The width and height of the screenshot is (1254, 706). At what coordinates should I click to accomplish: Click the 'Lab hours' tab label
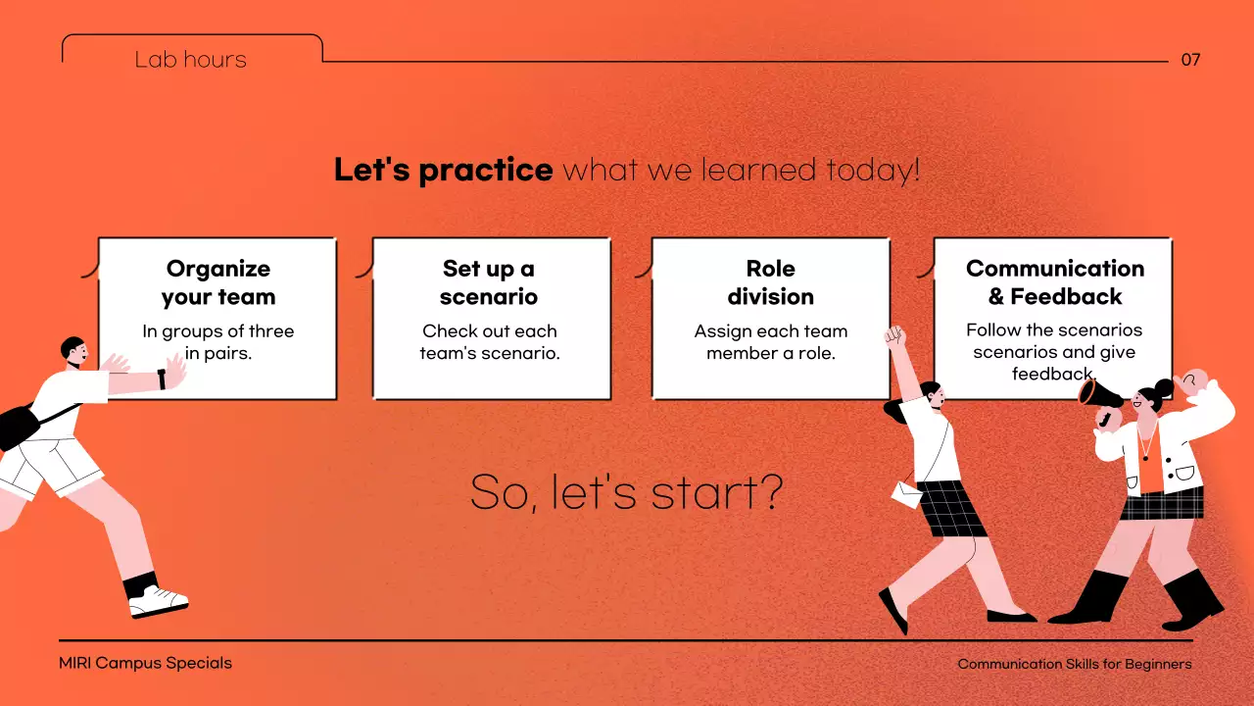coord(190,60)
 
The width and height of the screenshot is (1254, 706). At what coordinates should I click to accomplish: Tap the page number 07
coord(1190,60)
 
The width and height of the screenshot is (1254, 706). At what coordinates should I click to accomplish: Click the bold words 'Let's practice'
coord(444,170)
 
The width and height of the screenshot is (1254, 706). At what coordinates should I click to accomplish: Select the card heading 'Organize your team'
coord(218,283)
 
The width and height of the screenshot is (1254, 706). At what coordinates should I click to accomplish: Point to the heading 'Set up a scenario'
coord(489,283)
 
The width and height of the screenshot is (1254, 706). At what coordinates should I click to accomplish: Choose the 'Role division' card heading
coord(770,283)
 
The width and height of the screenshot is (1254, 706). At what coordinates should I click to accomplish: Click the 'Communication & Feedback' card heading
coord(1055,282)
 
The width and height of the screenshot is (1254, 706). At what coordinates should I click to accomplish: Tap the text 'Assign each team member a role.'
coord(771,342)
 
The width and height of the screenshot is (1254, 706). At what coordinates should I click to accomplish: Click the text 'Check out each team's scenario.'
coord(490,342)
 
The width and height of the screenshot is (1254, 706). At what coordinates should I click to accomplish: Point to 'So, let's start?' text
coord(626,492)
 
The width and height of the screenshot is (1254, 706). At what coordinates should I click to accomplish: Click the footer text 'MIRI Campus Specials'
coord(145,664)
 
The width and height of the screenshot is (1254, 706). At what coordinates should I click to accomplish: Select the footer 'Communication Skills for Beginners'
coord(1075,664)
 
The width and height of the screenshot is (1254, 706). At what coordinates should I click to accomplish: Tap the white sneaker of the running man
coord(158,602)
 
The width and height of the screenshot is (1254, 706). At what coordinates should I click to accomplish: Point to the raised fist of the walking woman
coord(895,336)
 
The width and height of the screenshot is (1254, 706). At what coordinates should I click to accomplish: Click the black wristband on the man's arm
coord(162,379)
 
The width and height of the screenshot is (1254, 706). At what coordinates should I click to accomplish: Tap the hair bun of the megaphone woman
coord(1164,387)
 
